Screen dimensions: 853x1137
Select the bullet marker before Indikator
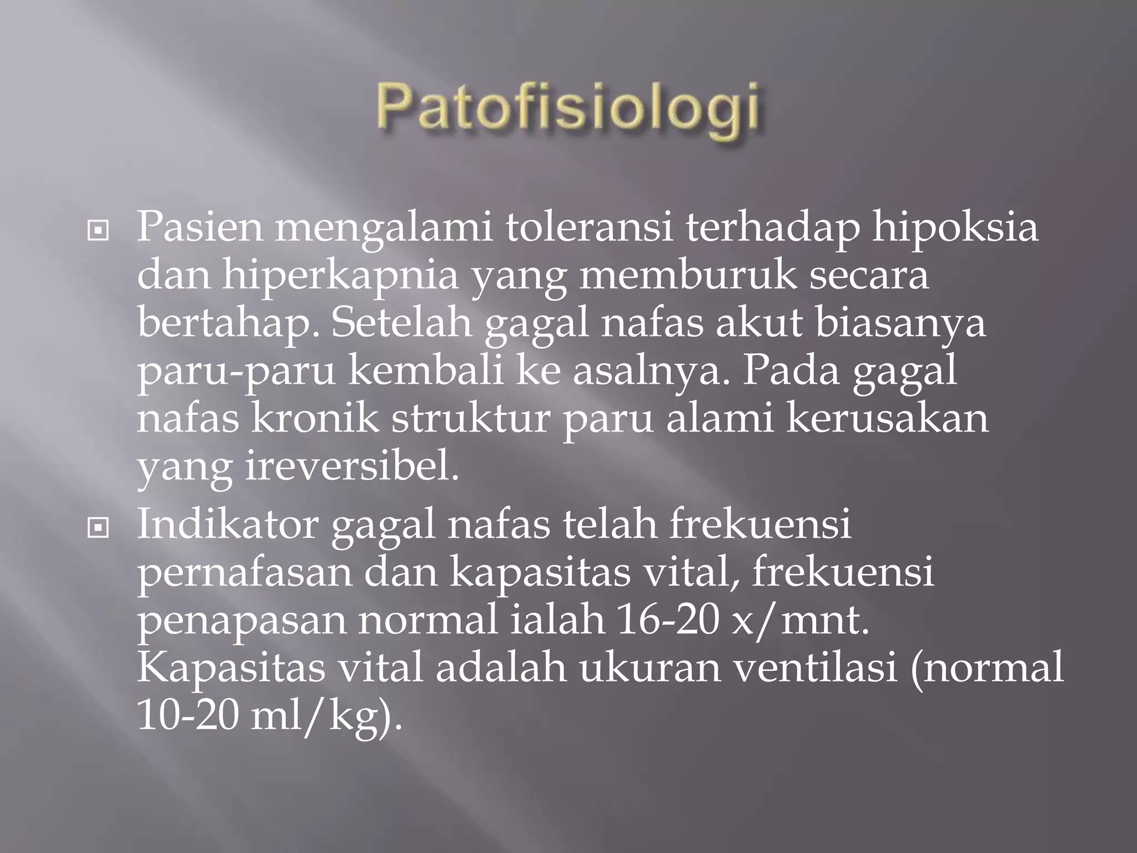pyautogui.click(x=98, y=528)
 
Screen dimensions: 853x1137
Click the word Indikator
pyautogui.click(x=227, y=524)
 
